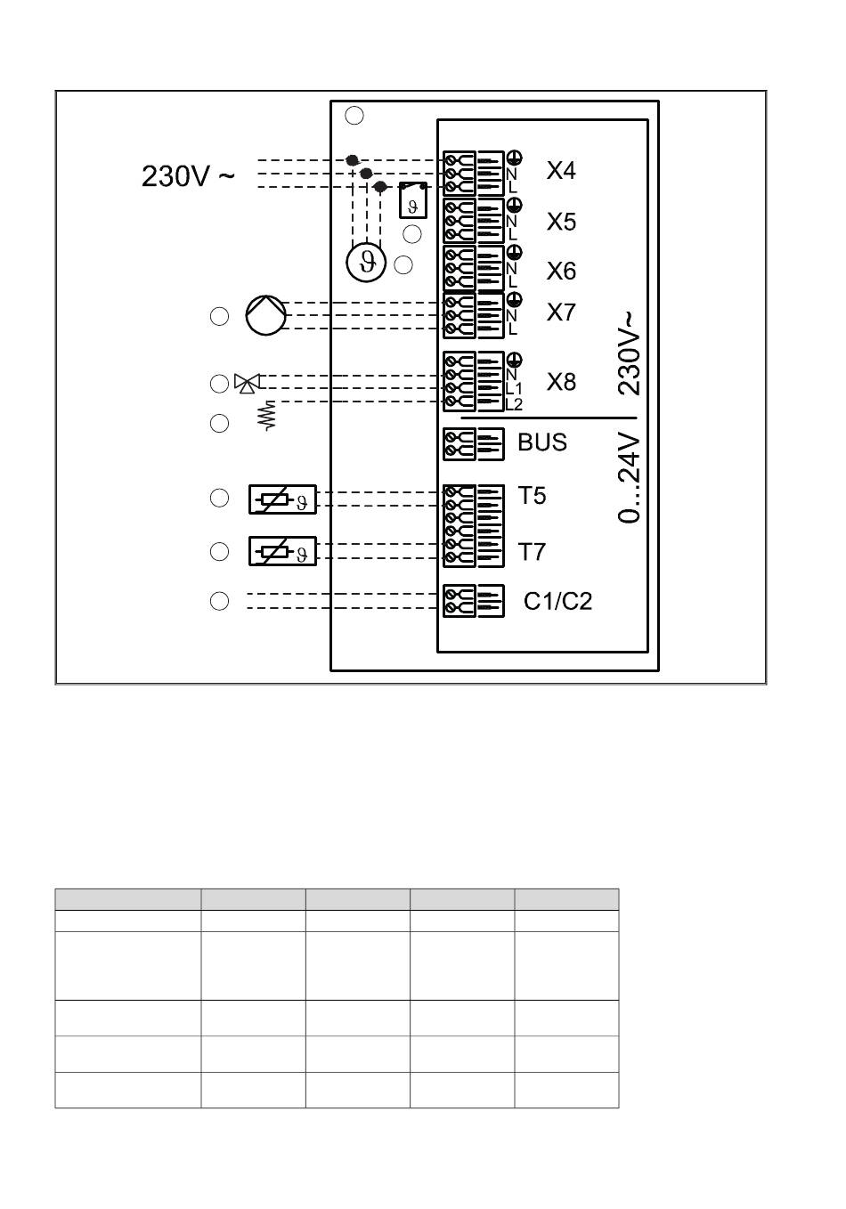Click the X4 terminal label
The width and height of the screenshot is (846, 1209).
click(561, 171)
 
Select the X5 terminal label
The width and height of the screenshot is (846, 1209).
click(561, 222)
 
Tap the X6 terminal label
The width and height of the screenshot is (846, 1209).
click(561, 271)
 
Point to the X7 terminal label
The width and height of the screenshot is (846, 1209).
click(561, 312)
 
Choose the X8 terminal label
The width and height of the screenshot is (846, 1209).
click(561, 382)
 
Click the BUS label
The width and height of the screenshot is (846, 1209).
click(542, 442)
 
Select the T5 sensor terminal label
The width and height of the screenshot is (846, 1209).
click(532, 496)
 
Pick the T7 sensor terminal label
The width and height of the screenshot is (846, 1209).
click(532, 552)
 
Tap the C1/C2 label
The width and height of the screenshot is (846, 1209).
click(557, 601)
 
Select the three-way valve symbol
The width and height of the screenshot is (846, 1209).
click(248, 383)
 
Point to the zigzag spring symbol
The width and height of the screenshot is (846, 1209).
click(268, 415)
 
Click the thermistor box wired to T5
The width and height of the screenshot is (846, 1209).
click(282, 499)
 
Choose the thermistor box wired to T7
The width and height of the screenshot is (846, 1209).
click(282, 551)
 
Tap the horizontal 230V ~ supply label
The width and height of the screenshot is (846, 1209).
click(188, 176)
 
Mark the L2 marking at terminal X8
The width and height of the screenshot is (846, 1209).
click(514, 404)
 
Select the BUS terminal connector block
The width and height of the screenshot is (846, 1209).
click(474, 444)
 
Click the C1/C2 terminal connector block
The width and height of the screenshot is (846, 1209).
click(474, 601)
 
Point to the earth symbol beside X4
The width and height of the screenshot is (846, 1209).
click(515, 158)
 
